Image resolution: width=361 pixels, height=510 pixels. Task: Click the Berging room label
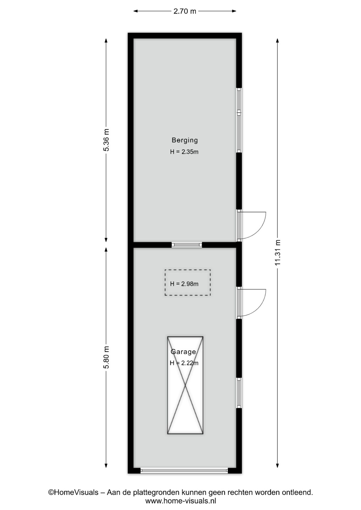pyautogui.click(x=184, y=140)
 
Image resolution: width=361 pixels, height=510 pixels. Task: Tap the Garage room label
pyautogui.click(x=183, y=352)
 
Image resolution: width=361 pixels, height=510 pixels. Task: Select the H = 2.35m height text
pyautogui.click(x=184, y=152)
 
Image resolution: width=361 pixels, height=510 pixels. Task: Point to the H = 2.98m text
pyautogui.click(x=184, y=284)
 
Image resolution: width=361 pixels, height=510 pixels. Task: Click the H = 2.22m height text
pyautogui.click(x=184, y=363)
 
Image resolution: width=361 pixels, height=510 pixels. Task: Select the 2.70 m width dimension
pyautogui.click(x=185, y=11)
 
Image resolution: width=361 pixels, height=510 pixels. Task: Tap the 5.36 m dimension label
pyautogui.click(x=106, y=140)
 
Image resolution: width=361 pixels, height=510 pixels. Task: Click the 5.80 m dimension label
pyautogui.click(x=106, y=358)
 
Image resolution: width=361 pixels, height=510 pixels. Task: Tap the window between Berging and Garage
pyautogui.click(x=187, y=245)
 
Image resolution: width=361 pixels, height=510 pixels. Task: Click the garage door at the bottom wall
pyautogui.click(x=184, y=471)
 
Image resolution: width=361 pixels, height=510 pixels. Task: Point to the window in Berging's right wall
pyautogui.click(x=239, y=120)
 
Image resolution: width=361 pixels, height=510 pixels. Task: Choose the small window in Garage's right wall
pyautogui.click(x=239, y=393)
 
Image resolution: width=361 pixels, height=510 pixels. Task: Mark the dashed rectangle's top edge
pyautogui.click(x=188, y=270)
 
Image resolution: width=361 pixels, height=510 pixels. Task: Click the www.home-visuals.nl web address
pyautogui.click(x=180, y=501)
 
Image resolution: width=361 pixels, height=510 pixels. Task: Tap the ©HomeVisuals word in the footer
pyautogui.click(x=73, y=492)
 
